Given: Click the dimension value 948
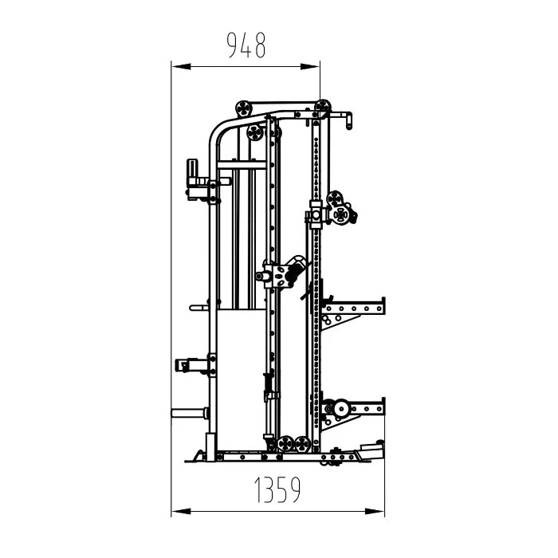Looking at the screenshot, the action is tap(246, 45).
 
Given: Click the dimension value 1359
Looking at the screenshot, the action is tap(277, 489).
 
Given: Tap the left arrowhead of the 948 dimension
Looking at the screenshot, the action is tap(182, 66).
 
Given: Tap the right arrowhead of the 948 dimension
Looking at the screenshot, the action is tap(310, 66).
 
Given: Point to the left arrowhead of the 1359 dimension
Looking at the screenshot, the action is tap(182, 512).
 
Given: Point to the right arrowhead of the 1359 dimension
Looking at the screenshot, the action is tap(375, 512).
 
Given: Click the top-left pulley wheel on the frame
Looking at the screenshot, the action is tap(244, 108).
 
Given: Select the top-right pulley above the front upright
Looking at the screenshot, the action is tap(323, 107).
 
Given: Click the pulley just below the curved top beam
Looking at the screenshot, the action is tap(255, 133).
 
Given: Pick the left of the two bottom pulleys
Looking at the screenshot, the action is tap(285, 444).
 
